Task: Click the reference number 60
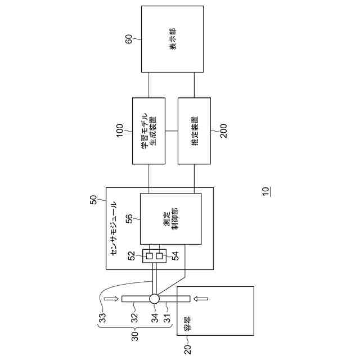point(128,39)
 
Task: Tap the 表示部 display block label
point(173,39)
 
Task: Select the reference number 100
point(119,132)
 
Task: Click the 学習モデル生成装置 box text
point(148,131)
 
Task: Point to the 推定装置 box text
point(194,131)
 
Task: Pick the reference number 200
point(224,132)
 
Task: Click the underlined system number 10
point(265,191)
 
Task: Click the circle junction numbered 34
point(154,299)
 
